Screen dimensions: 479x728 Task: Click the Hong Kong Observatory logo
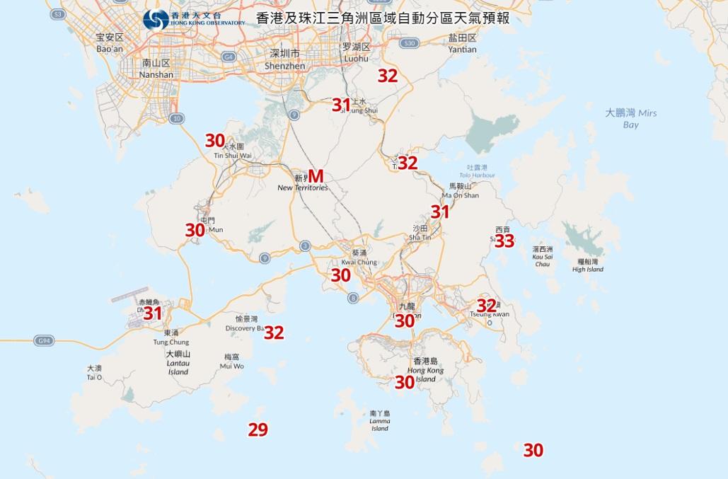tap(156, 19)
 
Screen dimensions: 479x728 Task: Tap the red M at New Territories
tap(316, 175)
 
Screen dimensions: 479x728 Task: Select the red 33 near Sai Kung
tap(504, 241)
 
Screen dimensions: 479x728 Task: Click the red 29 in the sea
tap(258, 429)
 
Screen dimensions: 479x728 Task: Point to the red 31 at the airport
tap(153, 313)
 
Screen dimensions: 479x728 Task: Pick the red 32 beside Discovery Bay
tap(274, 333)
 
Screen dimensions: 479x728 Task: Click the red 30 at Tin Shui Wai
tap(214, 140)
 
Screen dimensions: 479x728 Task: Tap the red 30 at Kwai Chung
tap(341, 275)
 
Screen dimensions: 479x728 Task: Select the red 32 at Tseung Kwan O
tap(486, 306)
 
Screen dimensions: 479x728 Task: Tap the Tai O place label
tap(95, 373)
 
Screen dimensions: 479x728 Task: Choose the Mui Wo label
tap(232, 362)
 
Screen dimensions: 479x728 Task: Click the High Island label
tap(588, 265)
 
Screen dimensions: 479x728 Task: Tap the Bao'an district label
tap(110, 43)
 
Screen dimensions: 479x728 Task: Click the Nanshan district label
tap(157, 69)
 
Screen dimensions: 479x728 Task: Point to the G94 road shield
tap(45, 341)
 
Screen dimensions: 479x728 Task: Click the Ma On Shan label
tap(460, 190)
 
